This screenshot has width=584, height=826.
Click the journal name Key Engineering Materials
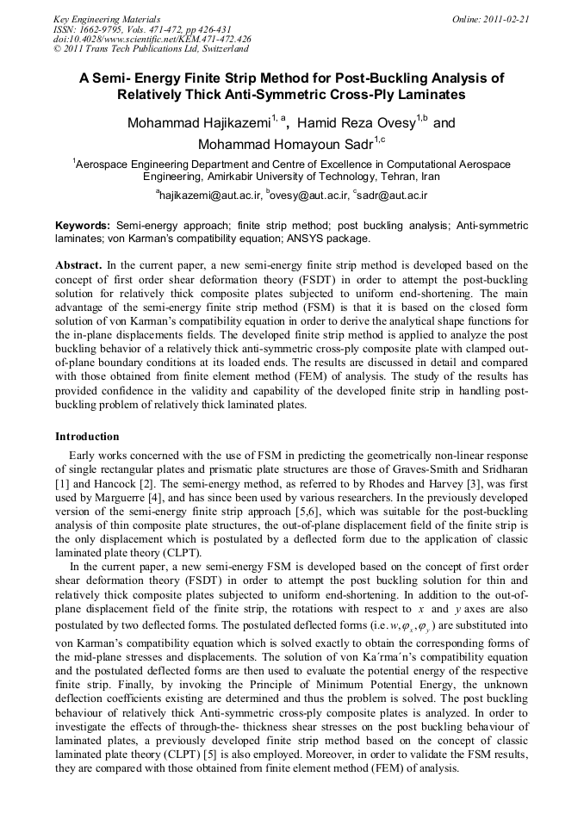(x=106, y=19)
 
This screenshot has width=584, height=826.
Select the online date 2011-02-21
(x=506, y=19)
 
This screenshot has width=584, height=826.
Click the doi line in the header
(x=152, y=40)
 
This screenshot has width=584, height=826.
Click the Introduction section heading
(x=87, y=437)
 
